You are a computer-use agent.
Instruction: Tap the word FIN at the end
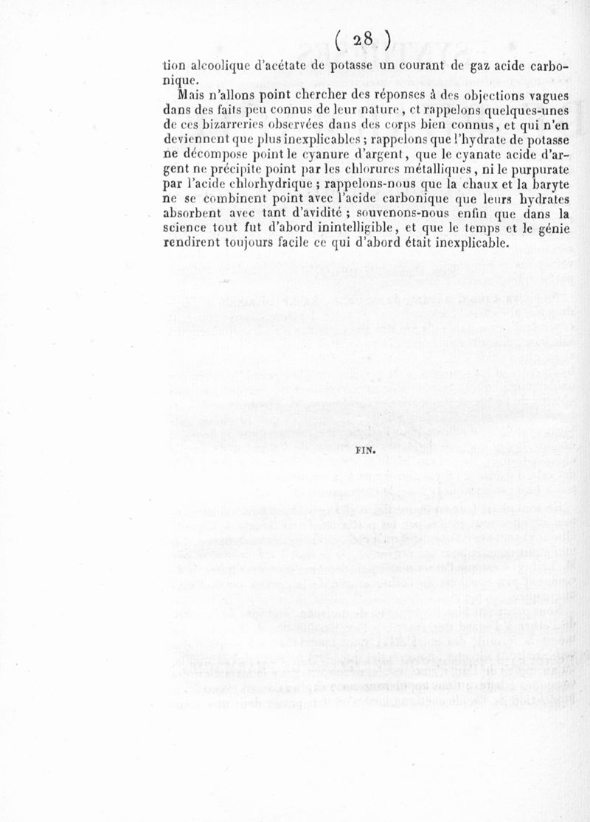[366, 456]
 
